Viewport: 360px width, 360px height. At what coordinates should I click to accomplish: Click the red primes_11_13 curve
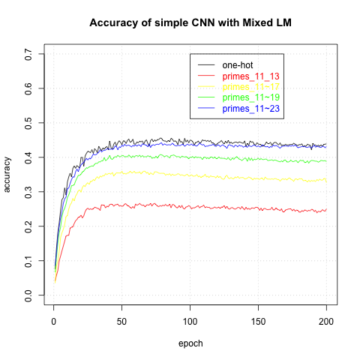(187, 206)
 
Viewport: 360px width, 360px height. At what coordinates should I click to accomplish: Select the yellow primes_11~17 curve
(187, 175)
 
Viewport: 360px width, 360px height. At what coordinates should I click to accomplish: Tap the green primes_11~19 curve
(187, 156)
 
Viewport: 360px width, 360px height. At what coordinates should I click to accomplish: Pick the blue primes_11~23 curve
(187, 144)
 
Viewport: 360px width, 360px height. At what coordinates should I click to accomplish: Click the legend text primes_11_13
(252, 76)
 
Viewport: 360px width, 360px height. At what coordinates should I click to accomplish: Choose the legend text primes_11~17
(252, 87)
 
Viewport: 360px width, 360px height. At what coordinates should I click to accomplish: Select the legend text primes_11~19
(252, 97)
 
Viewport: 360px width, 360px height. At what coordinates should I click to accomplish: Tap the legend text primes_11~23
(252, 109)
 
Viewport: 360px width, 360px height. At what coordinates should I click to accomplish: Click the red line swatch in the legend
(206, 76)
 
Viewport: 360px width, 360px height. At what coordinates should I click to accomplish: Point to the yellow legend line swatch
(206, 87)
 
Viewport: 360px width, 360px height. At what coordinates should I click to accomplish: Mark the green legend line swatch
(206, 97)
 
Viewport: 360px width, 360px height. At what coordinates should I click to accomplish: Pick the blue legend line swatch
(206, 109)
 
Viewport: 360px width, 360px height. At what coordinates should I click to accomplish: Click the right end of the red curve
(325, 210)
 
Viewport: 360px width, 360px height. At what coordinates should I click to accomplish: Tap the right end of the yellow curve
(325, 180)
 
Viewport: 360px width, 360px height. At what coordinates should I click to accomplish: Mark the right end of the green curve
(325, 160)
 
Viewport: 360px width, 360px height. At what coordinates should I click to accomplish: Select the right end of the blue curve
(325, 147)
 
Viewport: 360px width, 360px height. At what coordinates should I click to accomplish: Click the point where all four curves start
(55, 283)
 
